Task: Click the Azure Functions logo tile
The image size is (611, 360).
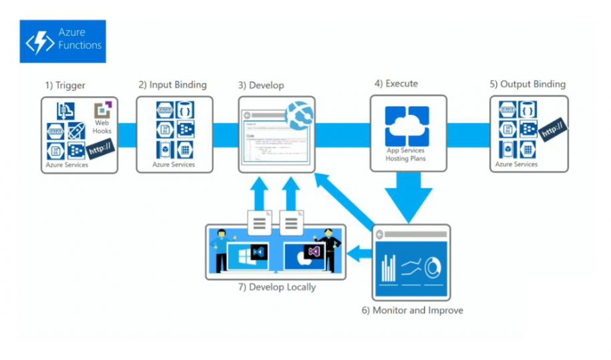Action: (x=63, y=41)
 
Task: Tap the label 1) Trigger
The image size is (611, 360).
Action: (x=66, y=85)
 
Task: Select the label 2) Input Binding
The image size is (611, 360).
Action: (x=172, y=85)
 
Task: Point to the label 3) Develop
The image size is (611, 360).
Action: (x=261, y=85)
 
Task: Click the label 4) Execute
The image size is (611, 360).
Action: (x=396, y=83)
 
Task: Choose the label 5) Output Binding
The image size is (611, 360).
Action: (x=528, y=84)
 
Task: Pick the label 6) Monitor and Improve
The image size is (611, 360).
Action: (x=412, y=311)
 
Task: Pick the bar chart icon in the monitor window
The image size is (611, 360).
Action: (x=388, y=268)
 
